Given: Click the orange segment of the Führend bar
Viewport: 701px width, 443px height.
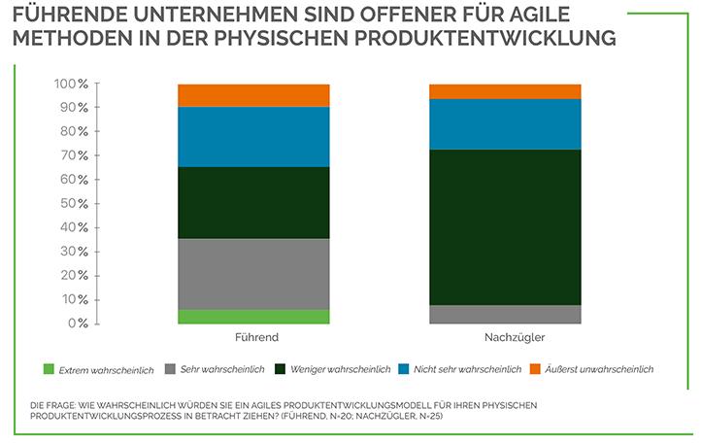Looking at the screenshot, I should pos(254,95).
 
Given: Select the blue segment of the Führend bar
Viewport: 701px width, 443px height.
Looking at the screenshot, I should pos(254,137).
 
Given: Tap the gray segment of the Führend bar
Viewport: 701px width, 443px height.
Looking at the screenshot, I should pos(254,274).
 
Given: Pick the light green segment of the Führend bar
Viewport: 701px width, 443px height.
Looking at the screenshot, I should pos(254,316).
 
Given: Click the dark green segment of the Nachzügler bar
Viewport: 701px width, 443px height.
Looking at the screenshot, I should pos(505,226).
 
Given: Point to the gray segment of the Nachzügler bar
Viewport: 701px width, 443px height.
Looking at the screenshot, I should pos(505,314).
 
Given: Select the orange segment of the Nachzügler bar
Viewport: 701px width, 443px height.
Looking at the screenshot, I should pos(505,91).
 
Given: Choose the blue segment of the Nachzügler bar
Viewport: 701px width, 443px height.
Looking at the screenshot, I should pos(505,124).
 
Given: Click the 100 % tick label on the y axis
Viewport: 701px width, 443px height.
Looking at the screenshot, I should pos(70,85).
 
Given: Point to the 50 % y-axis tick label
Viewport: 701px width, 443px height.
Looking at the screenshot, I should pos(74,203).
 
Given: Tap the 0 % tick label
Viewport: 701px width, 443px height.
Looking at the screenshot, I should pos(78,323).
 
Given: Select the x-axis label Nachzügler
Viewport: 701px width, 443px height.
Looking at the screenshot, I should pos(505,338).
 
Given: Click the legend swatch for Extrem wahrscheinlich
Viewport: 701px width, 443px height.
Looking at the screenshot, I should pos(49,369).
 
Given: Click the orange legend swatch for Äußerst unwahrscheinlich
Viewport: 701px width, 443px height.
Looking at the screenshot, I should pos(534,369).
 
